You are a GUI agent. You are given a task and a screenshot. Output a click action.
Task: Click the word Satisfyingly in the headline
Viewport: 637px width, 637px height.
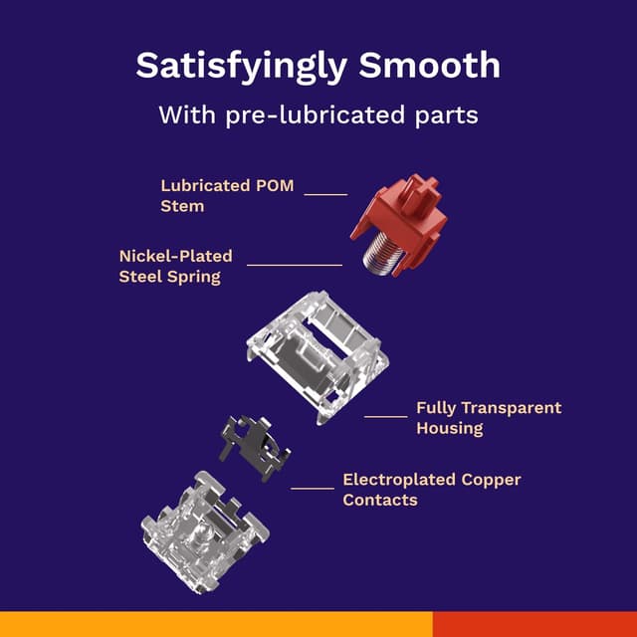tap(241, 67)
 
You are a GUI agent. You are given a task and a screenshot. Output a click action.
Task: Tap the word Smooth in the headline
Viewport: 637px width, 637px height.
tap(429, 65)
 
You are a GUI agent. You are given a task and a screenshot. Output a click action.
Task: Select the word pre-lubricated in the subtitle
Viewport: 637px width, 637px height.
tap(316, 115)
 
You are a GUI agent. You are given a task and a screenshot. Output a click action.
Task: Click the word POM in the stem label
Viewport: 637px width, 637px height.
tap(275, 186)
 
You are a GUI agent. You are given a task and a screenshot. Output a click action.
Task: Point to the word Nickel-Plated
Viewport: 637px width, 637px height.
tap(175, 256)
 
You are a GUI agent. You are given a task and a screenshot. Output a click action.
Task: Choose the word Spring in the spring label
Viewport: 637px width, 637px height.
tap(194, 278)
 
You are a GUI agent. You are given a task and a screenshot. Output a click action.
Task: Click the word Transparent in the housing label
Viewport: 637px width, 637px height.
tap(512, 407)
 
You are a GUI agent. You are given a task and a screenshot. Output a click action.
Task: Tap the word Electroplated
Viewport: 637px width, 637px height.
tap(399, 480)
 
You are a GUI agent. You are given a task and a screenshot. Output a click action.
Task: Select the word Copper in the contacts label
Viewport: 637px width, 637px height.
tap(491, 480)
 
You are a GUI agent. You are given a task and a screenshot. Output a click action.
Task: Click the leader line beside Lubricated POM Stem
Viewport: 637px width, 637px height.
tap(325, 195)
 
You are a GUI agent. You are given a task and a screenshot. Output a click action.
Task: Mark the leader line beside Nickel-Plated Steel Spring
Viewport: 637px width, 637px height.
tap(295, 265)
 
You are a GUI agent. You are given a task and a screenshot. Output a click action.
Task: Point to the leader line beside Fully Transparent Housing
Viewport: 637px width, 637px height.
tap(385, 416)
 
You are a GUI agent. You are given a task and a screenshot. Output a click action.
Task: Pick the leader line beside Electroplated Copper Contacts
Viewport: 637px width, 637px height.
tap(313, 488)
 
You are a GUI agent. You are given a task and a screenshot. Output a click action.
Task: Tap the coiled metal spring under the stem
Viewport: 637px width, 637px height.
tap(384, 254)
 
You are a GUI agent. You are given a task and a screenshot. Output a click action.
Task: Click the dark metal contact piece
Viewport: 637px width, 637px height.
tap(254, 448)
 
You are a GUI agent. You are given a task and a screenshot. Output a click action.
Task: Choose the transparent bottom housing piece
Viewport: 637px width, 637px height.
tap(204, 531)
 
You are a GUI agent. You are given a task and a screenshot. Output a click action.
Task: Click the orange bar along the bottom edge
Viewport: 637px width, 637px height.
tap(216, 624)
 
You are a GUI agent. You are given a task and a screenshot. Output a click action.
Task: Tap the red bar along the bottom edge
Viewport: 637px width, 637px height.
tap(534, 624)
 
